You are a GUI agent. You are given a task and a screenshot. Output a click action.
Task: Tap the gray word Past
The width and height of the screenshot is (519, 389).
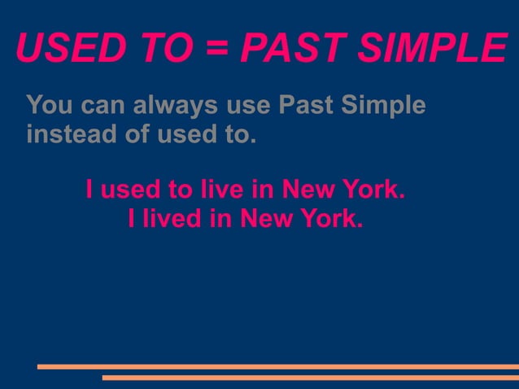(304, 106)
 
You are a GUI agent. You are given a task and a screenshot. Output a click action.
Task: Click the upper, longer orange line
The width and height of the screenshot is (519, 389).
(277, 366)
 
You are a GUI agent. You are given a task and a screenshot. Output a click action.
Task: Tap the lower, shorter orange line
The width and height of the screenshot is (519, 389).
(310, 378)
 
